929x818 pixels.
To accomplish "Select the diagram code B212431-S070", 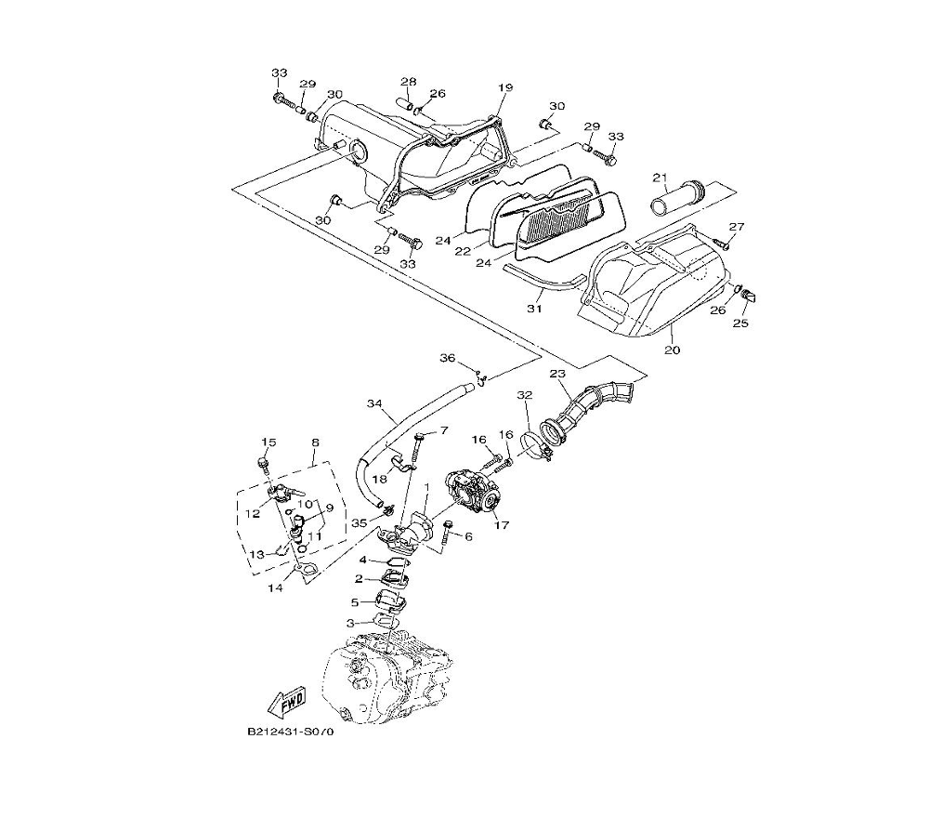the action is (290, 732).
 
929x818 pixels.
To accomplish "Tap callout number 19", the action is (505, 87).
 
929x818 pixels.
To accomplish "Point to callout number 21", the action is (660, 178).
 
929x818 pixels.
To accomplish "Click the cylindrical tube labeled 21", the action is (677, 199).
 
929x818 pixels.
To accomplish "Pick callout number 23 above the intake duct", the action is (557, 374).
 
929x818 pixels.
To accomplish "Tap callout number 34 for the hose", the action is (374, 403).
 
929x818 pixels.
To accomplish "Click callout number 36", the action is (448, 358).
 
